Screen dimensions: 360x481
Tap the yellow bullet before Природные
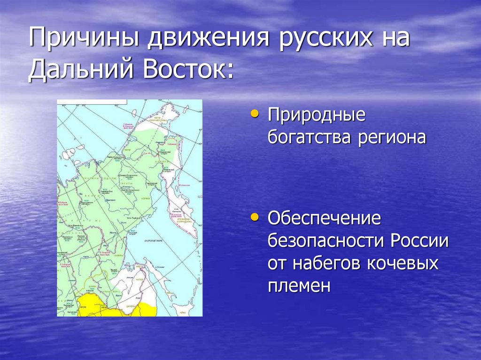click(x=255, y=114)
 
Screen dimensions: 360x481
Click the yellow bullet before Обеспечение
click(x=255, y=217)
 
